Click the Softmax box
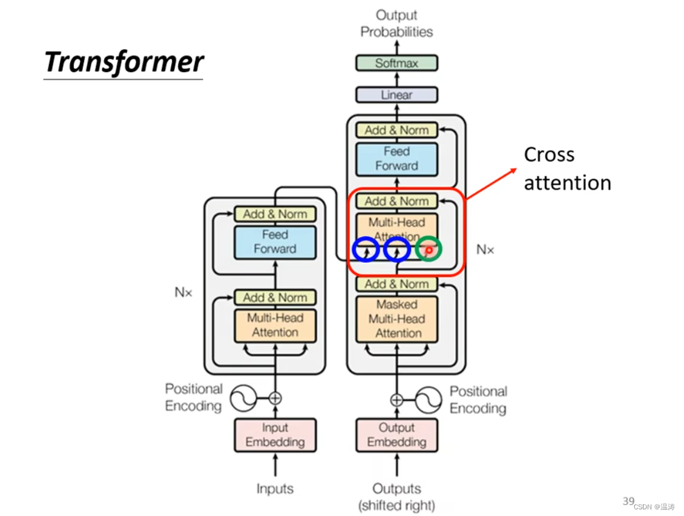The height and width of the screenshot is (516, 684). (396, 63)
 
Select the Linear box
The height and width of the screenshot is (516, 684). (396, 94)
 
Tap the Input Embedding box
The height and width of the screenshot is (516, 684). (275, 435)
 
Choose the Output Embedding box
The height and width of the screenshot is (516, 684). (396, 435)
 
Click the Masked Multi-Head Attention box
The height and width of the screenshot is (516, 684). (396, 319)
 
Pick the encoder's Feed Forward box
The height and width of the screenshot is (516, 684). (275, 242)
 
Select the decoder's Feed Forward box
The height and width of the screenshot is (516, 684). (396, 159)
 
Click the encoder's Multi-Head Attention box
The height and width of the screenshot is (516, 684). (275, 325)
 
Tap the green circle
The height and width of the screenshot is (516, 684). (429, 249)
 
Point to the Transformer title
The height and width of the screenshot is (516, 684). (124, 62)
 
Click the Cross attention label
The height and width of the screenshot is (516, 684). (567, 168)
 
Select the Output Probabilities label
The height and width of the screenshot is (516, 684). (396, 24)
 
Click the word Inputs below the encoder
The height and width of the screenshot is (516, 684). (275, 489)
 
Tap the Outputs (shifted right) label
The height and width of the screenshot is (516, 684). (396, 496)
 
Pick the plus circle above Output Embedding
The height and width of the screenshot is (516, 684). (396, 400)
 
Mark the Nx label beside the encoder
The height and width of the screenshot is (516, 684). (183, 292)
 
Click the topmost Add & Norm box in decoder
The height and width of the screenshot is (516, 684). (396, 130)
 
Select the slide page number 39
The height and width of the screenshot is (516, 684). (628, 501)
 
